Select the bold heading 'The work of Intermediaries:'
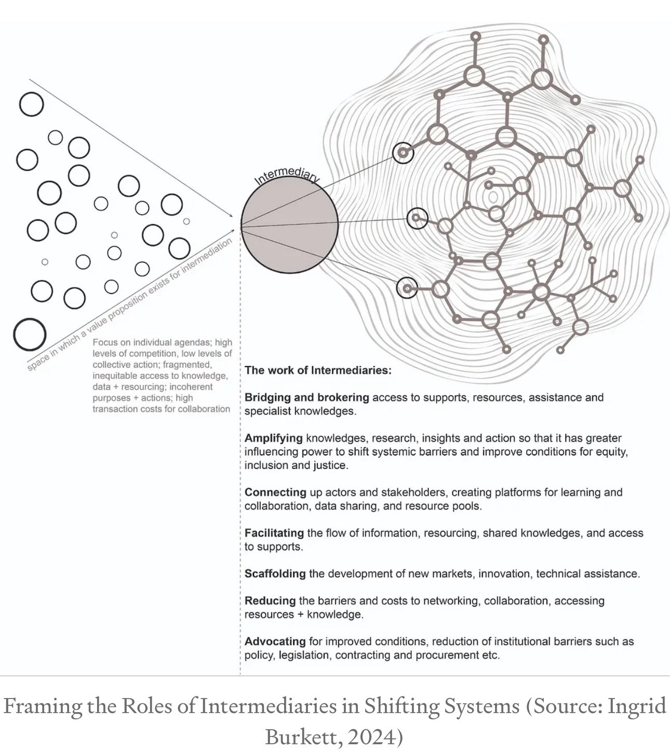[x=318, y=370]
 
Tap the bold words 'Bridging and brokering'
[x=306, y=397]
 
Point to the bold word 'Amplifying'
[x=273, y=438]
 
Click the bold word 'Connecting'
[x=275, y=492]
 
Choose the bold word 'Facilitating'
[x=274, y=533]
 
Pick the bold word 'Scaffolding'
[x=275, y=573]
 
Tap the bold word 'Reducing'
[x=270, y=600]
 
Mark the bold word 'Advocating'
[x=275, y=641]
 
